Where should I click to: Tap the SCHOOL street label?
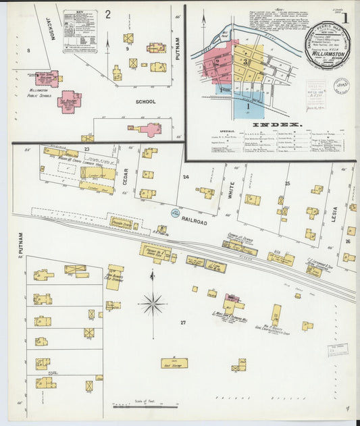coord(145,102)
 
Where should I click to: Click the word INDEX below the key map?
coord(276,125)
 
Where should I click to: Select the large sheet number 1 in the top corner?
coord(344,20)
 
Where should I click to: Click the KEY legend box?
coord(80,31)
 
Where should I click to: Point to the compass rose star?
coord(153,304)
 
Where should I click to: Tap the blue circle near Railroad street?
coord(174,213)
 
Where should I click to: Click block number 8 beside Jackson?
coord(28,51)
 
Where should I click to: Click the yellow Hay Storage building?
coord(174,363)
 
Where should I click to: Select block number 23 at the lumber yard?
coord(86,148)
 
